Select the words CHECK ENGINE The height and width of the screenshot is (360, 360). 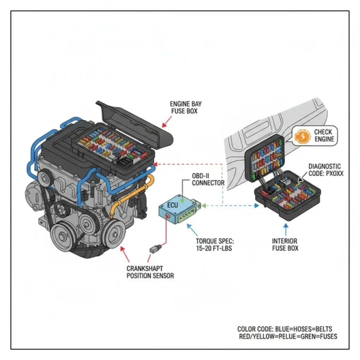(x=323, y=136)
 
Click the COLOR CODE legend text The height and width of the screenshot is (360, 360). (x=287, y=333)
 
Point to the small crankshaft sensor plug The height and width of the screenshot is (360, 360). (x=154, y=247)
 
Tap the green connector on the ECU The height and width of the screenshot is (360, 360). (x=197, y=206)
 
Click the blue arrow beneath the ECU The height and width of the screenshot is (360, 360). (x=191, y=230)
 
